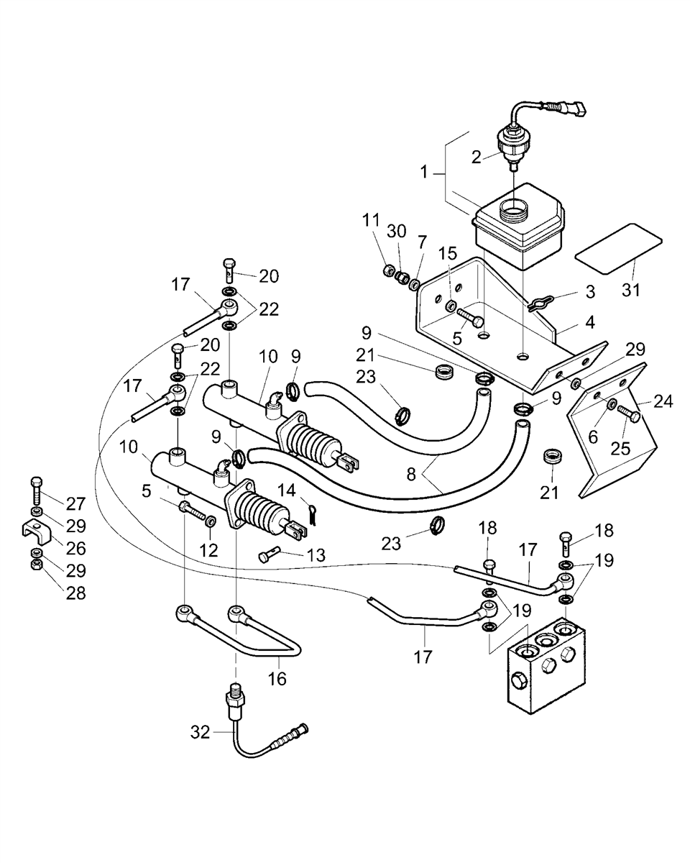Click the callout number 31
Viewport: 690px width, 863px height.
[x=631, y=290]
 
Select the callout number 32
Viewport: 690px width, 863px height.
[x=200, y=732]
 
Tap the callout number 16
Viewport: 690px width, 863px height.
[x=277, y=679]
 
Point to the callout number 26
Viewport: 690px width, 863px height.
[x=75, y=548]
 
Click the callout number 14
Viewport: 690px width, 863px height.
[x=287, y=490]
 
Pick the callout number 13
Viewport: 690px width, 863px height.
[x=316, y=555]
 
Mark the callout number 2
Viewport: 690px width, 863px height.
[x=476, y=157]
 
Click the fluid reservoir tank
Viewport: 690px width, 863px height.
[x=520, y=227]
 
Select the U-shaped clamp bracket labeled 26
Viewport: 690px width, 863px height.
[x=37, y=532]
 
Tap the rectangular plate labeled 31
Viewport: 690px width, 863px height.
[x=618, y=249]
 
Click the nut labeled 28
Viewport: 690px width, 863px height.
[x=36, y=576]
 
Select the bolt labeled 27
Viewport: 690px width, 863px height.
[x=36, y=491]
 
